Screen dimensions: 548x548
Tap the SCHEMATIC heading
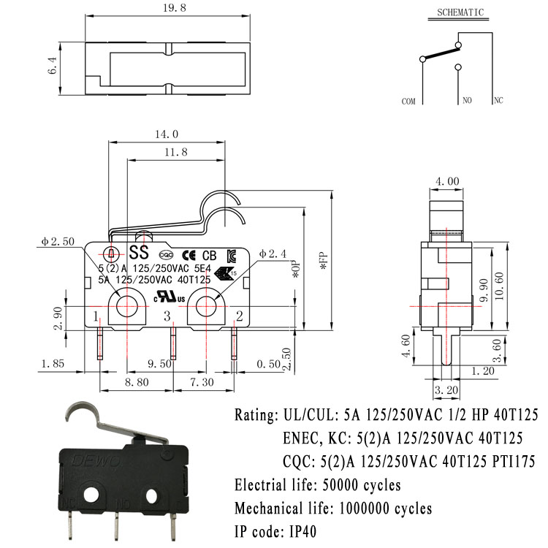pos(460,12)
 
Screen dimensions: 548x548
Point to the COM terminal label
pos(408,102)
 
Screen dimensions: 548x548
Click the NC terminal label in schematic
pos(498,101)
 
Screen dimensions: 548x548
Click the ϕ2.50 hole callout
pos(58,243)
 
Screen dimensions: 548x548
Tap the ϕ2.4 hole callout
pos(272,254)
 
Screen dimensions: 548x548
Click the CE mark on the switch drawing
pos(187,255)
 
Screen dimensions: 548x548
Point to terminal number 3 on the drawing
pos(167,316)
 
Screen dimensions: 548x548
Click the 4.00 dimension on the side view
pos(446,181)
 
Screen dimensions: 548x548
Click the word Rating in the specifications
pos(254,416)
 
